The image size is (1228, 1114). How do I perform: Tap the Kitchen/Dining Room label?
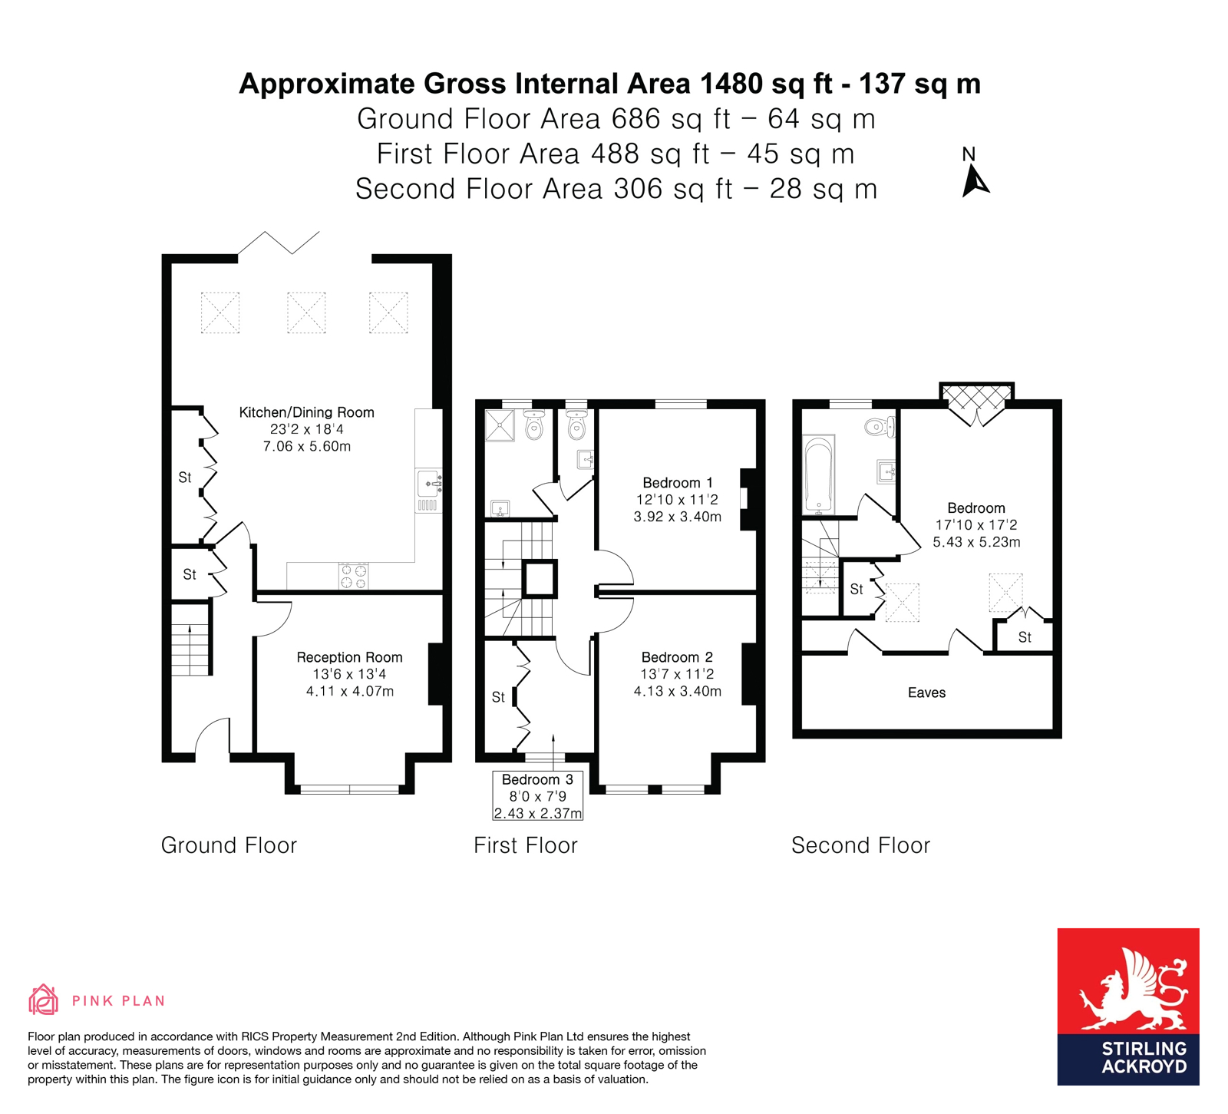click(306, 412)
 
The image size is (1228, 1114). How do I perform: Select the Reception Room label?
click(349, 657)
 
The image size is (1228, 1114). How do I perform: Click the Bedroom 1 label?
click(677, 483)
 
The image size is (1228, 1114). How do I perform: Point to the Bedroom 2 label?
click(677, 657)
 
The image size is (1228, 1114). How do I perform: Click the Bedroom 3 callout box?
click(537, 795)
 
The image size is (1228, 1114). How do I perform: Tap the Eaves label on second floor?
click(926, 693)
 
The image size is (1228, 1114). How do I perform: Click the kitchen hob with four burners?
click(353, 576)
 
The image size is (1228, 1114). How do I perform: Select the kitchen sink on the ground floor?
click(429, 483)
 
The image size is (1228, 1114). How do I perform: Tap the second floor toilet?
click(880, 427)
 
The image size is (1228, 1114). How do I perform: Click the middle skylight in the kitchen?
click(306, 312)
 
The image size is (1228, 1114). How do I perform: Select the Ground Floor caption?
click(229, 845)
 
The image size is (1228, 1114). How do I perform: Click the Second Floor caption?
click(860, 845)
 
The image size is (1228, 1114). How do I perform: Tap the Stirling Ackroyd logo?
click(1128, 1007)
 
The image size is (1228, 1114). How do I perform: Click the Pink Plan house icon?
click(44, 1000)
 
